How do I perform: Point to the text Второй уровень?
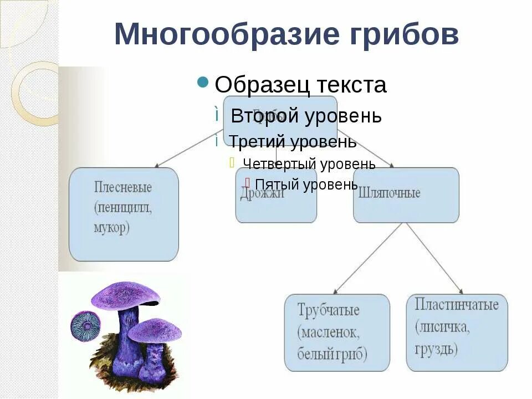(306, 116)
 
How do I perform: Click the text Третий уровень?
(293, 142)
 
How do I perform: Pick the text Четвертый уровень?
(309, 164)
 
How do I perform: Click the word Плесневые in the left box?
(122, 187)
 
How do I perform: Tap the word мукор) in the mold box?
(111, 228)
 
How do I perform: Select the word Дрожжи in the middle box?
(262, 193)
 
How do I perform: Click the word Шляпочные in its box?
(390, 193)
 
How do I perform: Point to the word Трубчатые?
(328, 310)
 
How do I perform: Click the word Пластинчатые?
(457, 304)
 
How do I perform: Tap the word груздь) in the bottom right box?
(436, 349)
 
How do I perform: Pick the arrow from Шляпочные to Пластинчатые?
(434, 258)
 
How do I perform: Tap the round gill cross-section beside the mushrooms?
(85, 326)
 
